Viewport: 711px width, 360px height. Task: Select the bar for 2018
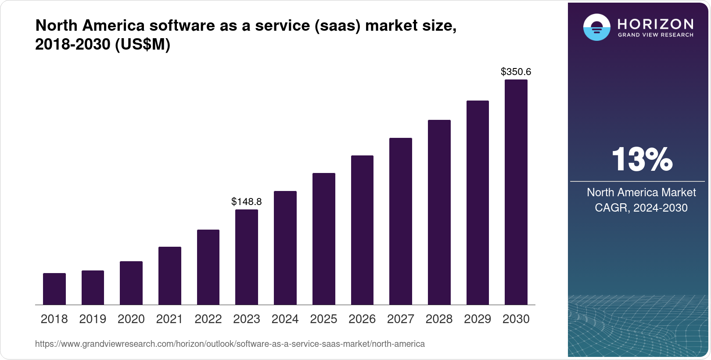pyautogui.click(x=54, y=289)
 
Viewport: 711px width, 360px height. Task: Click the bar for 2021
pyautogui.click(x=170, y=276)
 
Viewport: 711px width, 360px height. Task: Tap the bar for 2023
pyautogui.click(x=247, y=257)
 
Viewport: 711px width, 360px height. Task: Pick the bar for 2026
pyautogui.click(x=362, y=230)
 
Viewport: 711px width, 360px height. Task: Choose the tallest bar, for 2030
pyautogui.click(x=516, y=192)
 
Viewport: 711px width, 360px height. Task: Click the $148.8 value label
pyautogui.click(x=247, y=202)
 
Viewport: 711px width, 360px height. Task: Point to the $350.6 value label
pyautogui.click(x=516, y=72)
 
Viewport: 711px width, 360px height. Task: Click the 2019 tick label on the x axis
pyautogui.click(x=93, y=319)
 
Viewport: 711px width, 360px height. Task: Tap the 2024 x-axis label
pyautogui.click(x=285, y=319)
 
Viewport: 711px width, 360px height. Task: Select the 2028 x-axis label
pyautogui.click(x=439, y=319)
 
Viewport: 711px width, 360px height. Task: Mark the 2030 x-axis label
pyautogui.click(x=516, y=319)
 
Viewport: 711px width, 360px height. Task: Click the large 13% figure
pyautogui.click(x=642, y=159)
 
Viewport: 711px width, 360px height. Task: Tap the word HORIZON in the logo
pyautogui.click(x=655, y=24)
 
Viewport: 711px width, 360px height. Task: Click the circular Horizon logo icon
pyautogui.click(x=596, y=27)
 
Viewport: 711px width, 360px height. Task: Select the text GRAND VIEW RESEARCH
pyautogui.click(x=655, y=35)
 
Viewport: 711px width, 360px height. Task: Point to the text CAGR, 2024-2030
pyautogui.click(x=641, y=208)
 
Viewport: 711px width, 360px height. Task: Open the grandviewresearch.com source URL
pyautogui.click(x=230, y=344)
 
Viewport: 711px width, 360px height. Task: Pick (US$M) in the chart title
pyautogui.click(x=142, y=44)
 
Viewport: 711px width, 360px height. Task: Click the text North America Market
pyautogui.click(x=641, y=192)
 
